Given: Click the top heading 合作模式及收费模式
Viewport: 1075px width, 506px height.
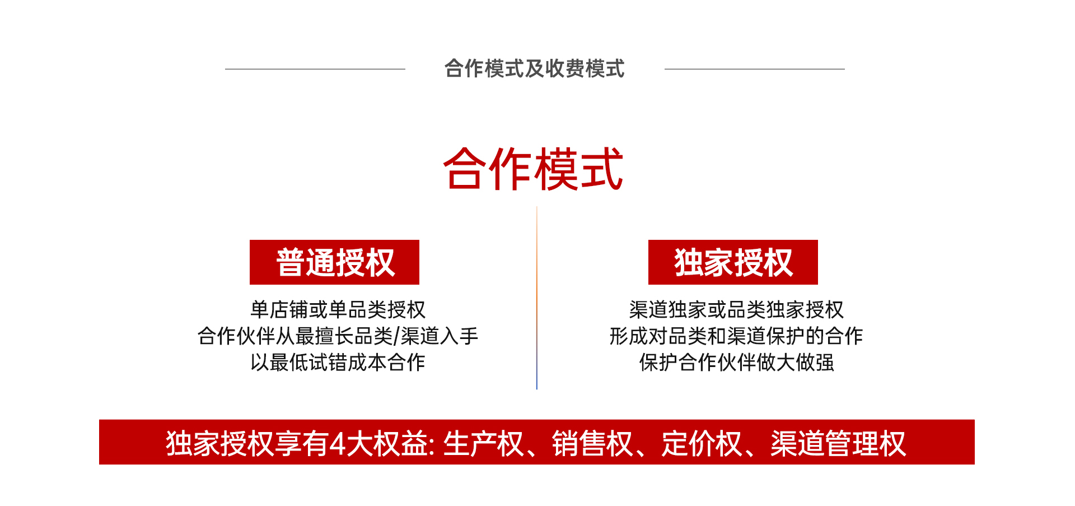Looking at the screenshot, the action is tap(534, 69).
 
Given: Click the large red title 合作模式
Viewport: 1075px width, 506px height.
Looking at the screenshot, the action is tap(534, 169).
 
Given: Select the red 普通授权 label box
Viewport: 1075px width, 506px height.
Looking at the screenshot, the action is tap(334, 262).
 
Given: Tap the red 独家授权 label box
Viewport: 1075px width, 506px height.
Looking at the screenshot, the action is tap(733, 262).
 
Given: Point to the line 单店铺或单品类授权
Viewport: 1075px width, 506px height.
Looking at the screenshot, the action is tap(338, 309).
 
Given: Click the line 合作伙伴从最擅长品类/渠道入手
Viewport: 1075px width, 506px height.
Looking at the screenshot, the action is tap(338, 336).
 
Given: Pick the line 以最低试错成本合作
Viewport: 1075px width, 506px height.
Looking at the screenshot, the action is tap(338, 362).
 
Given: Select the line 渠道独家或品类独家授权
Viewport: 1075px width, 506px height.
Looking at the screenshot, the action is tap(736, 309).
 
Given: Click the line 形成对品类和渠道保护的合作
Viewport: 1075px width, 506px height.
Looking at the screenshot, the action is tap(736, 336).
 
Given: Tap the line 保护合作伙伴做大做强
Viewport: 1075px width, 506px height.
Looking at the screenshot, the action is tap(736, 362).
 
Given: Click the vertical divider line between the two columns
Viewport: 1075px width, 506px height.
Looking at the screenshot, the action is tap(536, 298).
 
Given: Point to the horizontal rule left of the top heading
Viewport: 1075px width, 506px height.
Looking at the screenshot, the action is tap(315, 69).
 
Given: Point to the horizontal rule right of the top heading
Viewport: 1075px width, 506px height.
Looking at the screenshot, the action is tap(755, 69).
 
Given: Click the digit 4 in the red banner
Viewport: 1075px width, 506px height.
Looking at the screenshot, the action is tap(338, 443).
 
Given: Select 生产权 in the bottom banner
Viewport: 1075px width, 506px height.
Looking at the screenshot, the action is tap(483, 443).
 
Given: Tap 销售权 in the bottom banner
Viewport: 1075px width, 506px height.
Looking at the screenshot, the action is tap(592, 443).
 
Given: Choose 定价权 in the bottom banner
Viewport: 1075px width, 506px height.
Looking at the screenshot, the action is tap(702, 443).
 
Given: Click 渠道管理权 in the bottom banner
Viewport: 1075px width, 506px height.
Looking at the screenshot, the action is tap(838, 443).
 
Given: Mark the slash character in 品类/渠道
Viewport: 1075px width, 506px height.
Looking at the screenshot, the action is tap(397, 336).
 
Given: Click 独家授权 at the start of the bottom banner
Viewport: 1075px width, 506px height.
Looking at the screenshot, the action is tap(219, 443).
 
